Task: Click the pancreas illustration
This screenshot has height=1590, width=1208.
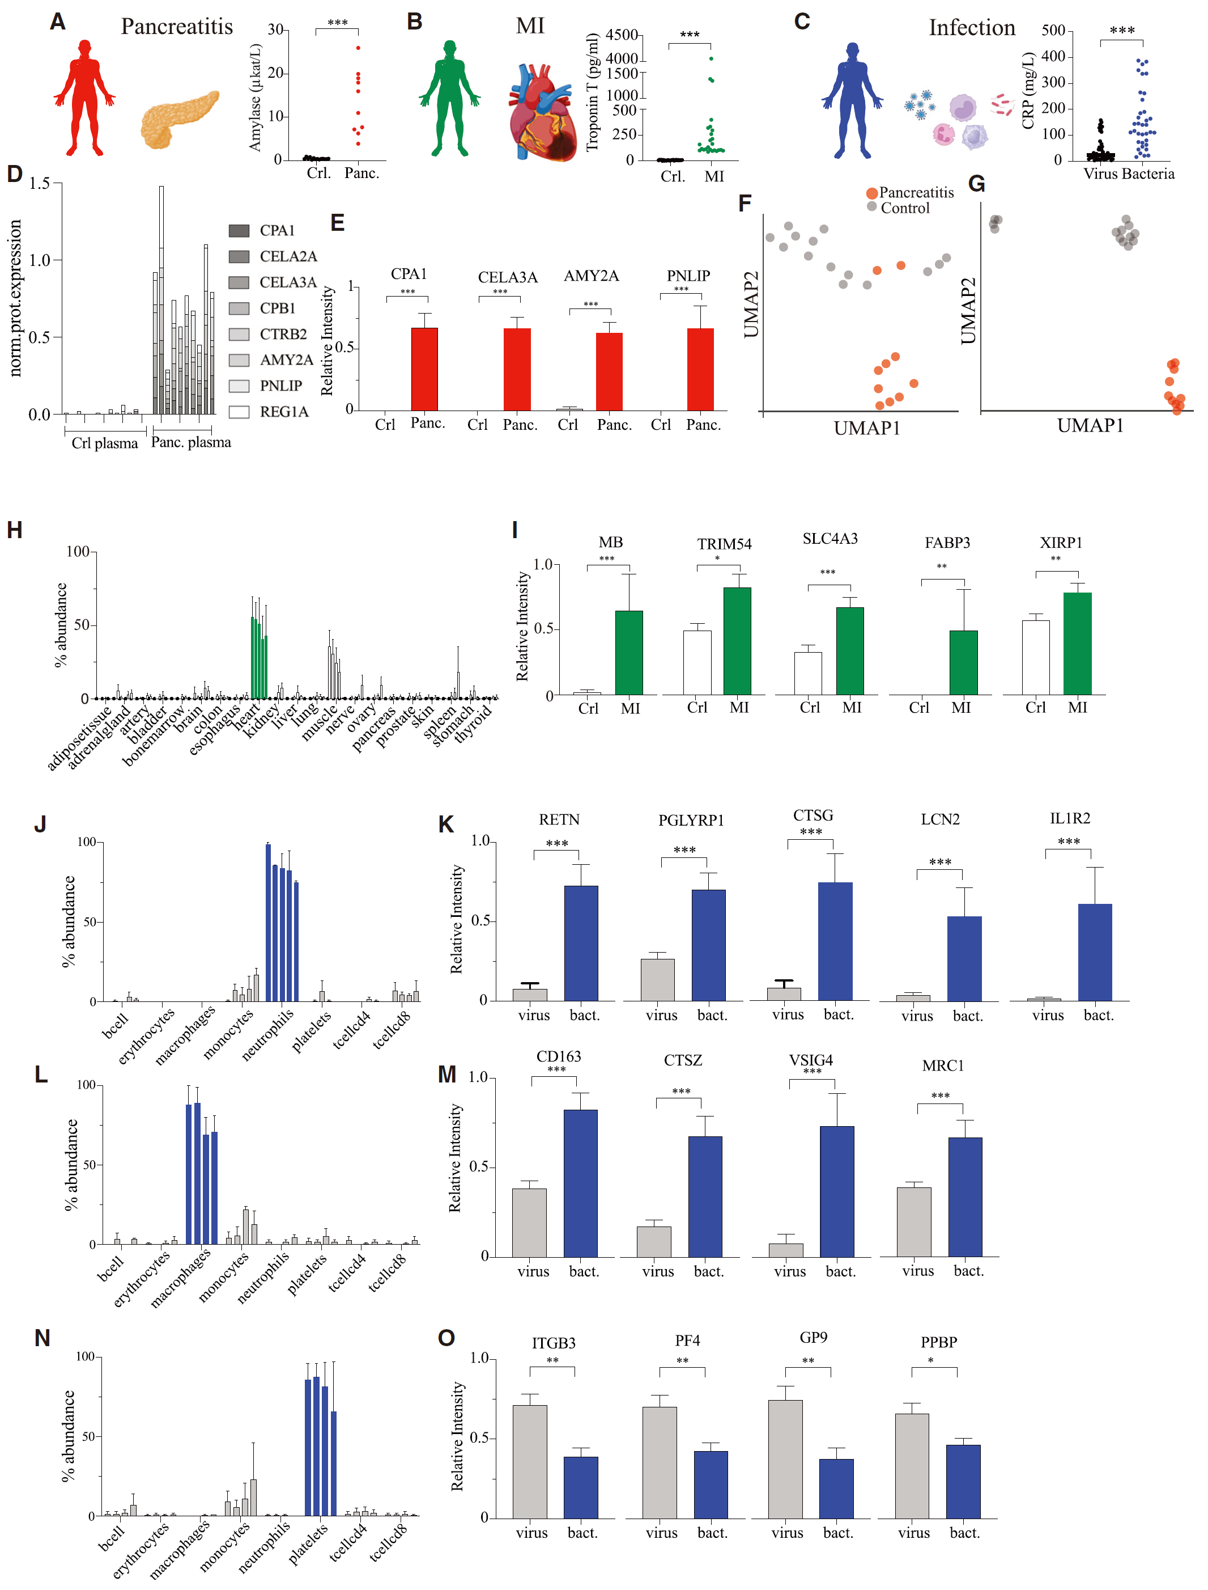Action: tap(179, 119)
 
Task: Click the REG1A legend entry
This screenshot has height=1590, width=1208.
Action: tap(269, 412)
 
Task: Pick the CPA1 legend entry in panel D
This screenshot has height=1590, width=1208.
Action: tap(262, 230)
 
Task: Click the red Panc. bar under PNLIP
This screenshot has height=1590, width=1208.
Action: tap(700, 369)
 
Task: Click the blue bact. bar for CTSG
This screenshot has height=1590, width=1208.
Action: tap(836, 941)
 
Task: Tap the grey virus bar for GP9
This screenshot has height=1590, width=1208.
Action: tap(785, 1459)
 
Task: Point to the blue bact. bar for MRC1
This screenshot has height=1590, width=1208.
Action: tap(965, 1196)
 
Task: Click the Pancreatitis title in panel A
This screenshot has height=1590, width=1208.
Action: tap(177, 27)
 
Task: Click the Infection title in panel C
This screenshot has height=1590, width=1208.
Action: tap(972, 27)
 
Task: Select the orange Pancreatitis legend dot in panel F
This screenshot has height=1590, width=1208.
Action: tap(871, 193)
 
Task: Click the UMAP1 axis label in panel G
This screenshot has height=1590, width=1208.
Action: tap(1090, 425)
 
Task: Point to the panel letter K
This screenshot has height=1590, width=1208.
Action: tap(446, 824)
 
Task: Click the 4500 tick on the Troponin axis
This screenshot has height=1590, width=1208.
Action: tap(622, 35)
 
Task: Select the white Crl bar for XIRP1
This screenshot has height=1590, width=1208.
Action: tap(1035, 658)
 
